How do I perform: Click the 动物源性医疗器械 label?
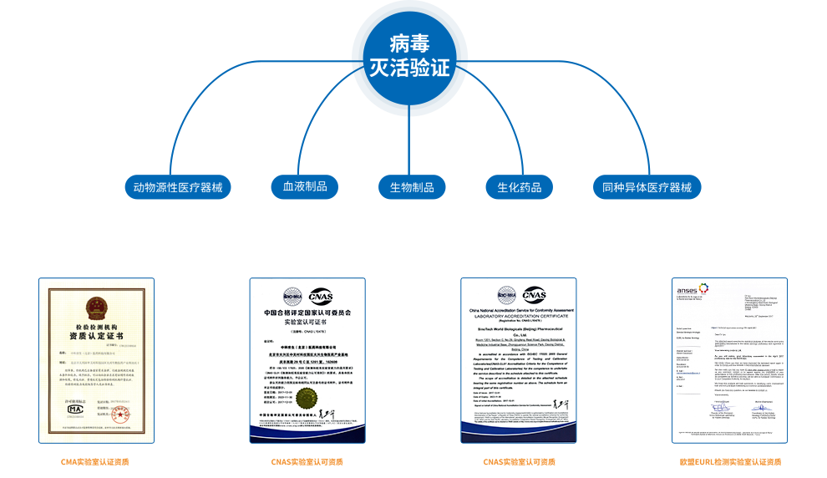(x=178, y=187)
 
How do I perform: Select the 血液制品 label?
(x=299, y=187)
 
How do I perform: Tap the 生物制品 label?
(x=412, y=187)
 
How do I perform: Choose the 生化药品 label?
(x=520, y=187)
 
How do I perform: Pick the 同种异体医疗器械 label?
(x=647, y=187)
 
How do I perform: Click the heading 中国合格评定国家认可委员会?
(x=307, y=313)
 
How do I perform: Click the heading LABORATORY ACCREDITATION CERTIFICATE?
(x=519, y=316)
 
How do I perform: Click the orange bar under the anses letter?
(x=730, y=461)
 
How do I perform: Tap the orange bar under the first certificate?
(x=94, y=461)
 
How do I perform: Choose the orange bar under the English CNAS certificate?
(x=519, y=461)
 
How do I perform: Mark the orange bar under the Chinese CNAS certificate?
(x=307, y=461)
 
